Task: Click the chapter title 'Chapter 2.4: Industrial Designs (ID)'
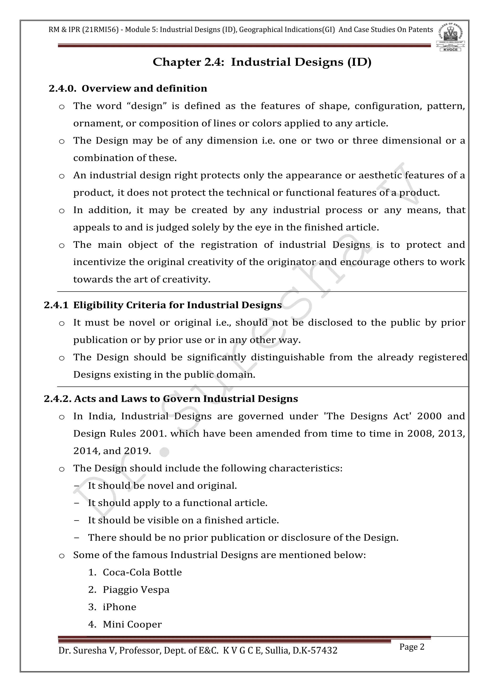pyautogui.click(x=262, y=62)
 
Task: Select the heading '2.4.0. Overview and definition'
pyautogui.click(x=128, y=89)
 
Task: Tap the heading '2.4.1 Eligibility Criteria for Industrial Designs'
pyautogui.click(x=163, y=305)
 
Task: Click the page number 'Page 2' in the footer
pyautogui.click(x=412, y=647)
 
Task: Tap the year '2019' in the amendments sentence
pyautogui.click(x=137, y=451)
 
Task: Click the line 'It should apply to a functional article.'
pyautogui.click(x=178, y=503)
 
